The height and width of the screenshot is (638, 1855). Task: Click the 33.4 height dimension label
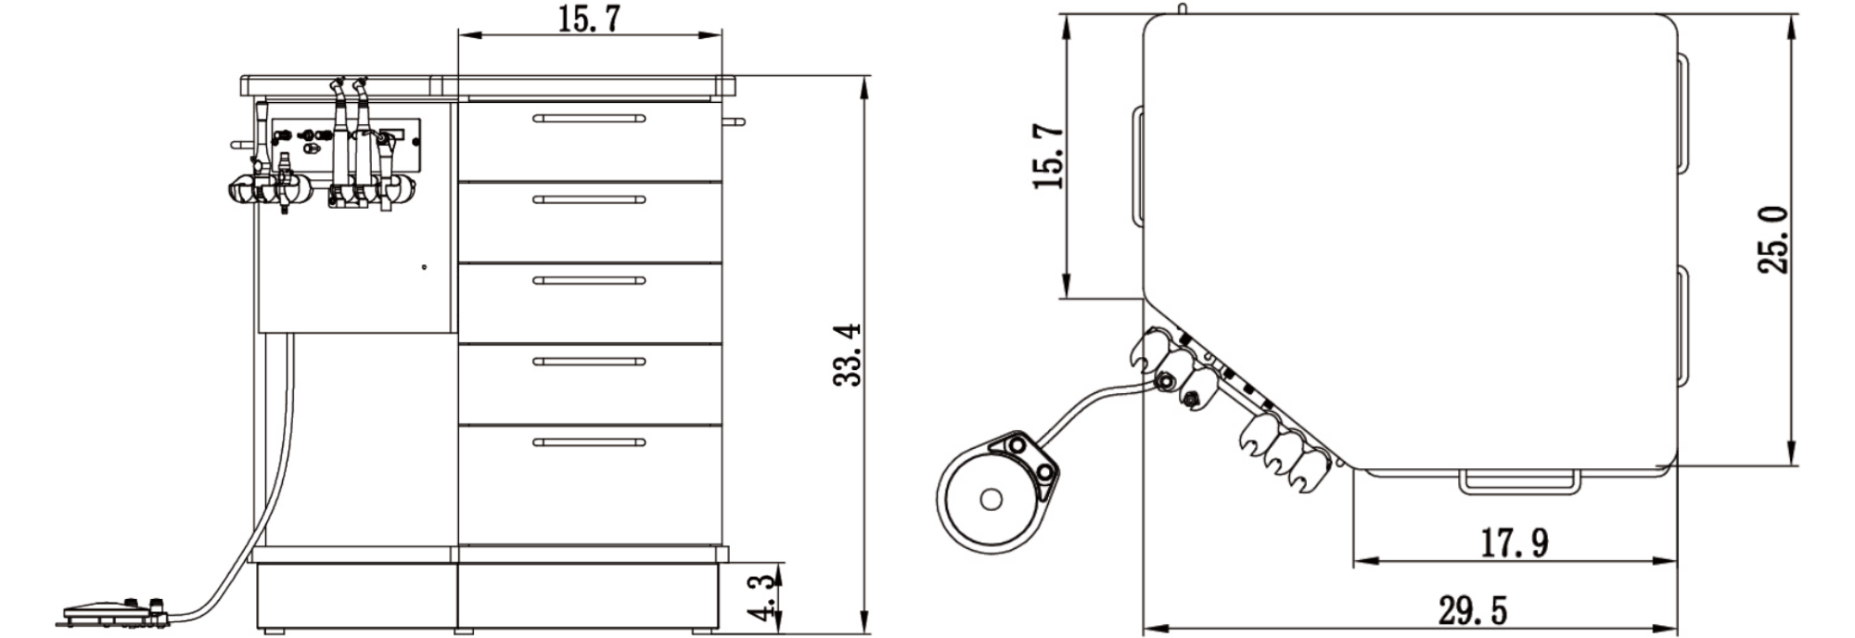pos(848,354)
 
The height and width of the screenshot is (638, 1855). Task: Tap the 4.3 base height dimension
pos(761,597)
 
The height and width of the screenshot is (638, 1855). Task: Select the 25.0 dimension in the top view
pos(1773,240)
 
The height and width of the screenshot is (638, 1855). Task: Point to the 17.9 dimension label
pos(1513,542)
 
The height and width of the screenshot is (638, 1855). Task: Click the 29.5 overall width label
pos(1473,611)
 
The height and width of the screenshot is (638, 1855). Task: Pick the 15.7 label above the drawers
pos(589,19)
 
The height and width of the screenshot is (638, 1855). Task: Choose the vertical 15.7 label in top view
pos(1048,155)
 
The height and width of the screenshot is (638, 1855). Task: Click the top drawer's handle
pos(589,118)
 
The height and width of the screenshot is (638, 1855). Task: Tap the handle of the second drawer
pos(589,199)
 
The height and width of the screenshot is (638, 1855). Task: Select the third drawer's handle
pos(589,280)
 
